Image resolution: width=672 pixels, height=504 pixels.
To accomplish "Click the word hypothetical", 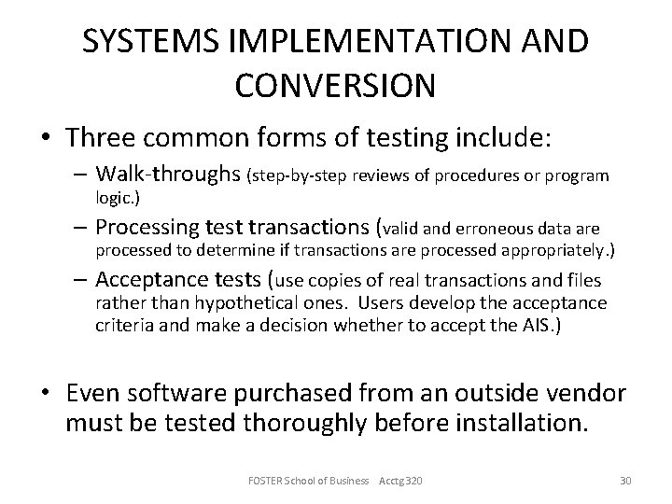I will point(208,302).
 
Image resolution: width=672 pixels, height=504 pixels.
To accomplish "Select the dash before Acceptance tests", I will point(81,280).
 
